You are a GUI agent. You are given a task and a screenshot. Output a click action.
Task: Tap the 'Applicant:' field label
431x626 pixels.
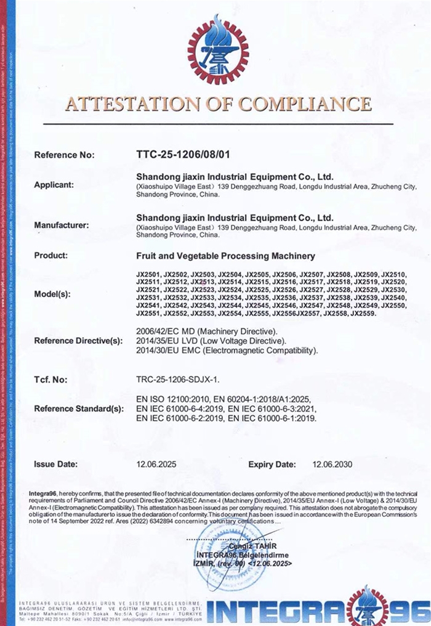[54, 184]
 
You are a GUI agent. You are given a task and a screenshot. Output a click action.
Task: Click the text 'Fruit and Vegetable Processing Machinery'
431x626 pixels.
[225, 255]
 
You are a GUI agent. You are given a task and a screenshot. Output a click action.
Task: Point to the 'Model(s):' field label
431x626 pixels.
[51, 295]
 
